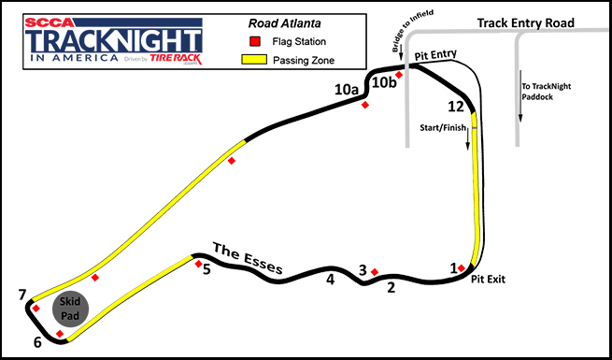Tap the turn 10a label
tap(348, 90)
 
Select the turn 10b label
tap(385, 83)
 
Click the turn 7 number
tap(21, 296)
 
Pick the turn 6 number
tap(37, 342)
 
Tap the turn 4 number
tap(330, 279)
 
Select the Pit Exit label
tap(488, 279)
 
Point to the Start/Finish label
tap(443, 128)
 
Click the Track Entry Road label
tap(523, 22)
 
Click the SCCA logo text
tap(52, 19)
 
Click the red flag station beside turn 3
tap(375, 272)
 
